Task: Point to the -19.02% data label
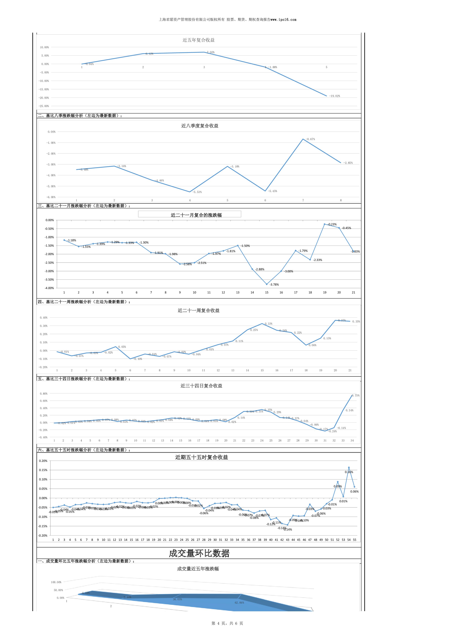[x=334, y=96]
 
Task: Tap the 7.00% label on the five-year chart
[x=211, y=52]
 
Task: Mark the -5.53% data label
[x=197, y=192]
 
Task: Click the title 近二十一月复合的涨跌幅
[x=196, y=215]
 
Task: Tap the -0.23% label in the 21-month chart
[x=332, y=224]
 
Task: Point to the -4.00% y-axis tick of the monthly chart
[x=50, y=288]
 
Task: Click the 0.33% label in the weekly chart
[x=268, y=324]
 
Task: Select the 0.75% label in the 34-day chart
[x=356, y=396]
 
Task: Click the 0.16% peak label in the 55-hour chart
[x=349, y=472]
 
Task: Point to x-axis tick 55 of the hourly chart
[x=354, y=540]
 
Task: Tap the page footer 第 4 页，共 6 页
[x=227, y=623]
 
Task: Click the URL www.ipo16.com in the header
[x=283, y=20]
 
